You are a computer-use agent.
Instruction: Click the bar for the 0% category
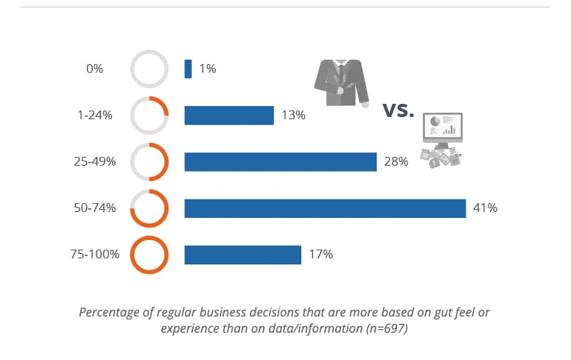click(x=188, y=69)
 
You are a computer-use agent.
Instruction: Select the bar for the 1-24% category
click(x=229, y=116)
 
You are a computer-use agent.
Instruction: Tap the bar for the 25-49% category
click(x=280, y=162)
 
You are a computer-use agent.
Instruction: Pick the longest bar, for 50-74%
click(x=325, y=208)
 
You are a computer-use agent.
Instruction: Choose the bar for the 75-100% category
click(x=242, y=255)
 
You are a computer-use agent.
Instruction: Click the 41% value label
click(x=486, y=208)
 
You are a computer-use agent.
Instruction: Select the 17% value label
click(x=321, y=255)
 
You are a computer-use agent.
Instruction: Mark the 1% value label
click(x=207, y=69)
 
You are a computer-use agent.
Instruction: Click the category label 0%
click(x=94, y=69)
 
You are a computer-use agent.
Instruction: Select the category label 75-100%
click(x=94, y=255)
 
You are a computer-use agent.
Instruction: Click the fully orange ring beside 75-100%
click(x=150, y=255)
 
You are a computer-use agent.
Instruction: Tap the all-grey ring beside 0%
click(x=150, y=69)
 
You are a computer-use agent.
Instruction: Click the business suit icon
click(x=341, y=82)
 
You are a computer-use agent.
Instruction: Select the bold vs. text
click(x=399, y=111)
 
